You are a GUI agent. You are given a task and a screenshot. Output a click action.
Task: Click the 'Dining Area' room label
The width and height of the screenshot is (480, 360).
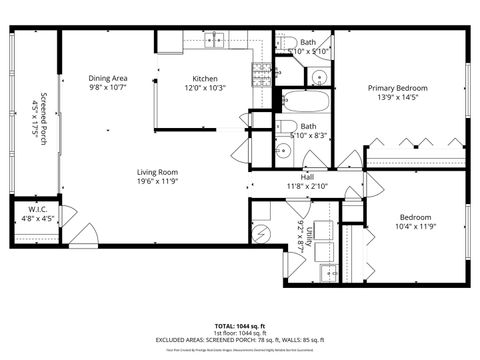click(108, 78)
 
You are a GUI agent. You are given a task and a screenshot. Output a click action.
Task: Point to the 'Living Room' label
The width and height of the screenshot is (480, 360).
click(158, 172)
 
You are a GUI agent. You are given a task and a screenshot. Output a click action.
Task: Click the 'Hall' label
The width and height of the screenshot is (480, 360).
click(294, 177)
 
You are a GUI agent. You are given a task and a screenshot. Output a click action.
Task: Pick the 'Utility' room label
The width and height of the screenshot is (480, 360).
click(310, 236)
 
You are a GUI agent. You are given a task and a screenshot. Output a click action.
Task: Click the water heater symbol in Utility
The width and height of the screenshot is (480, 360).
click(262, 232)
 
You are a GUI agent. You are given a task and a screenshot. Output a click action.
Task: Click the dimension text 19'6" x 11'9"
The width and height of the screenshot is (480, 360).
click(158, 182)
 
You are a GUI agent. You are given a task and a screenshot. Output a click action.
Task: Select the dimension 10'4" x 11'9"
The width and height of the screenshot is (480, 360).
click(415, 227)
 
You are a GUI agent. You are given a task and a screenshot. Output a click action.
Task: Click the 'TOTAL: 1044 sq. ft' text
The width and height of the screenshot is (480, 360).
click(240, 326)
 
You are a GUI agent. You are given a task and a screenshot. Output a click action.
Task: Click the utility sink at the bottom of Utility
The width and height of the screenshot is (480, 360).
click(326, 271)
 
